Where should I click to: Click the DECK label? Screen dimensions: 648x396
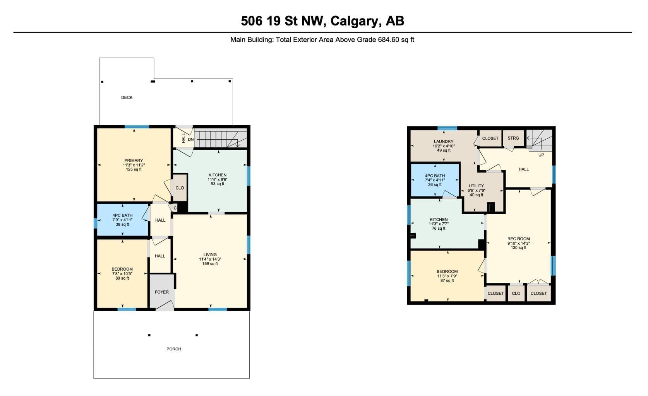point(127,97)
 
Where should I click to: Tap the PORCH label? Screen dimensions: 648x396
point(173,349)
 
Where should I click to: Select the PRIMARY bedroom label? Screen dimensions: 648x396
point(134,160)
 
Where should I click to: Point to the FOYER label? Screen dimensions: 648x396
point(162,292)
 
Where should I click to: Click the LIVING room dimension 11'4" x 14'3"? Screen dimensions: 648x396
point(210,259)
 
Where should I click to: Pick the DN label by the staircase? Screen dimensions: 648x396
point(190,139)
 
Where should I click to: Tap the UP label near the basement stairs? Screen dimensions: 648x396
point(541,155)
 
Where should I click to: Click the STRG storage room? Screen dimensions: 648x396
point(513,138)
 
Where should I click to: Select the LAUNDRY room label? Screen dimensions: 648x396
point(444,142)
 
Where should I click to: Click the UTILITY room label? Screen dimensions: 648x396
point(476,186)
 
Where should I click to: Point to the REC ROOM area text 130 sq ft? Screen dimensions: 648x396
point(518,248)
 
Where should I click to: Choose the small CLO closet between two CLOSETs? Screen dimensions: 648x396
point(516,293)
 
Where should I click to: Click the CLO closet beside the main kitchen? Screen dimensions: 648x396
point(180,188)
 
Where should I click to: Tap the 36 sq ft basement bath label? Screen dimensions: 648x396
point(435,184)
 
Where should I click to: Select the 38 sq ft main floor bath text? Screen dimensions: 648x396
point(122,224)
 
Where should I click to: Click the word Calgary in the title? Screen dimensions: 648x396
point(354,21)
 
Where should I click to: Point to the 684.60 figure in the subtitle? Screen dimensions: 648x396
point(389,39)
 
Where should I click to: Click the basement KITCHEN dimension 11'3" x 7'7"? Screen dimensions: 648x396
point(439,224)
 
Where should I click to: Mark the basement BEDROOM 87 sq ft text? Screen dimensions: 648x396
point(447,280)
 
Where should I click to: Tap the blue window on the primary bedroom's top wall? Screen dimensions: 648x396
point(137,126)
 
